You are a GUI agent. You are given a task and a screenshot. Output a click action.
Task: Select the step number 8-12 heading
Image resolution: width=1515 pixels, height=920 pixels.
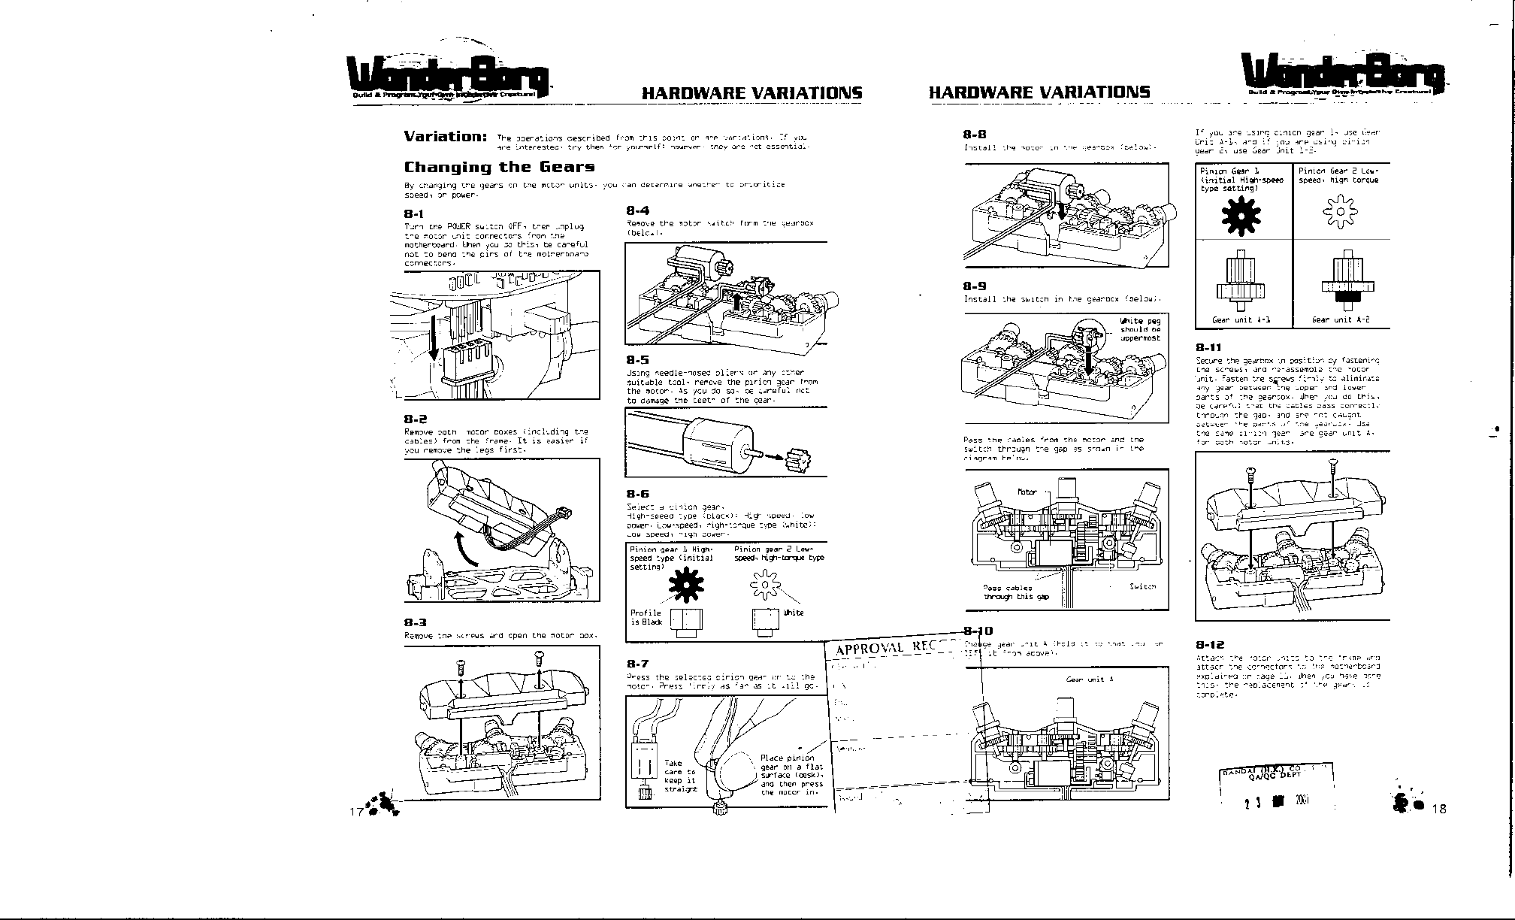(x=1210, y=645)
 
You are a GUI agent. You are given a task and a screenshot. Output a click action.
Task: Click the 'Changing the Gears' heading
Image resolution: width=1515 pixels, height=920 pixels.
(x=499, y=167)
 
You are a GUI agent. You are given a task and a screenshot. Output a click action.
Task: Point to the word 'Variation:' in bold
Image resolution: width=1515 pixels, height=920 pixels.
(x=445, y=136)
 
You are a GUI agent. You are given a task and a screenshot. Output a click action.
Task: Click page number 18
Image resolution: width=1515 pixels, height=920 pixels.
(x=1438, y=809)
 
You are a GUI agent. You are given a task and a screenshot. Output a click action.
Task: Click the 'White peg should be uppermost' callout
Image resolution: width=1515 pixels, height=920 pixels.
(x=1140, y=329)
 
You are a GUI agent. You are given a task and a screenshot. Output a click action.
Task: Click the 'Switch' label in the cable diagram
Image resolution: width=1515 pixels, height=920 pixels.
(x=1142, y=586)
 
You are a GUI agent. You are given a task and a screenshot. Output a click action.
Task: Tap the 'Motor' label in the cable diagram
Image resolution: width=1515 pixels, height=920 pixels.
(x=1027, y=492)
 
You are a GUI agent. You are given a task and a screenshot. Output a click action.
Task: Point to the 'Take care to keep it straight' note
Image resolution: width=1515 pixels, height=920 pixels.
(x=680, y=776)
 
